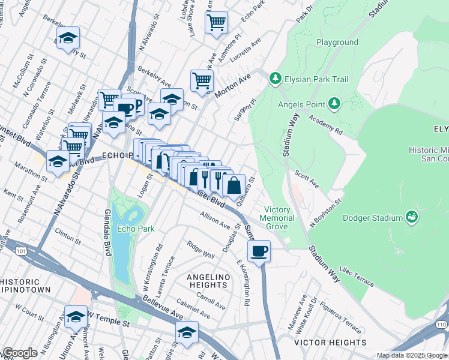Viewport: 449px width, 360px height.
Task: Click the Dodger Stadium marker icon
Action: click(x=412, y=217)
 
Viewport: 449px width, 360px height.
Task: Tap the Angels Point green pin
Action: click(x=334, y=104)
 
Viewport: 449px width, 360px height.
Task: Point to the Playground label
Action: click(x=337, y=43)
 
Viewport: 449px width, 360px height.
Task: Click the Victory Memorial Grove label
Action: click(x=277, y=218)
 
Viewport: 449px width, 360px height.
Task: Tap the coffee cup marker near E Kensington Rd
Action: click(x=259, y=251)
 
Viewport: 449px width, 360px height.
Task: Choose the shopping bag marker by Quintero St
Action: click(x=234, y=185)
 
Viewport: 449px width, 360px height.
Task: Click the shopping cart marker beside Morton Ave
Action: click(x=202, y=80)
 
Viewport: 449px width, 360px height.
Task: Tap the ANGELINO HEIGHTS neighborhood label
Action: click(x=205, y=280)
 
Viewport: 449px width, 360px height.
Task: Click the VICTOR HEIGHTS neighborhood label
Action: click(x=330, y=343)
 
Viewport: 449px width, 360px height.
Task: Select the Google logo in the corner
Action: click(x=20, y=353)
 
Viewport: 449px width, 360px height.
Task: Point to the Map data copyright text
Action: click(x=412, y=355)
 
